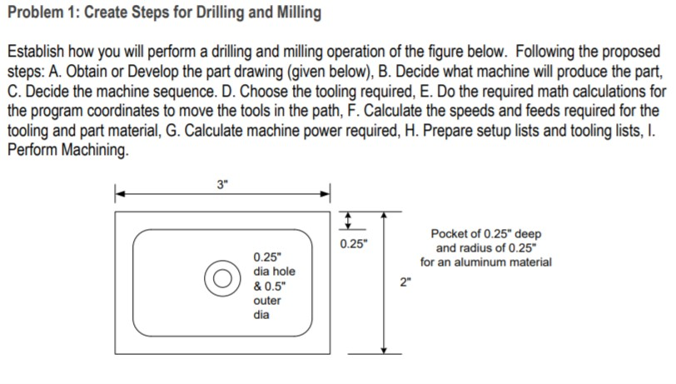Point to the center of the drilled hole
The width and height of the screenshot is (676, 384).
[x=223, y=278]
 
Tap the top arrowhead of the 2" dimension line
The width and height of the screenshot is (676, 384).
[x=384, y=215]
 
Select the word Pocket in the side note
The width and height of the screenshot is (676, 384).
[x=450, y=234]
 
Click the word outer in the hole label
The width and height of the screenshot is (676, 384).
[x=267, y=301]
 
